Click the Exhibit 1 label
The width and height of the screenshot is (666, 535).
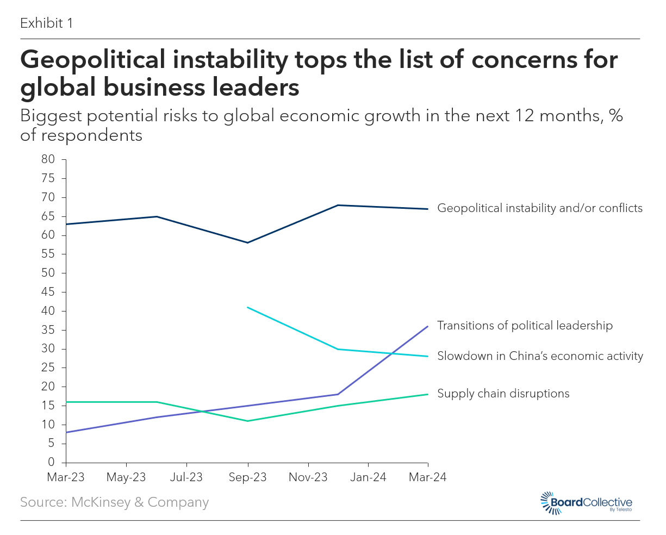46,23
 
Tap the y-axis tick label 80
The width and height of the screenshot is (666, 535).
48,159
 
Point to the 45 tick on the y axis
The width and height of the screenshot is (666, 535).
48,292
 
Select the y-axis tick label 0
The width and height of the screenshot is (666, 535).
51,462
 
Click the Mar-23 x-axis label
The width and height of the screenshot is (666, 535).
66,477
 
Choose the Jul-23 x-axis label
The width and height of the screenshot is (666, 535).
186,477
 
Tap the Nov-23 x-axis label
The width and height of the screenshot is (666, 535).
308,477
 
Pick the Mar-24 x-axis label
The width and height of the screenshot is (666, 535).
428,477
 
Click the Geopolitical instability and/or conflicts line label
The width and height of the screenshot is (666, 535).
540,208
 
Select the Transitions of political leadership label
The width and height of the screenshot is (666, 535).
525,326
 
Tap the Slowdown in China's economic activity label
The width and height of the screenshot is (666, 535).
540,356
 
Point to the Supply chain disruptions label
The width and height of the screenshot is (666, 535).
503,394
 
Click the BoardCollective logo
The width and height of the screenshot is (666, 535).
586,503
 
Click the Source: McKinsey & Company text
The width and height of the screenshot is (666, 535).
114,502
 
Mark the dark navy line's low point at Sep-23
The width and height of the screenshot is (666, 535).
248,242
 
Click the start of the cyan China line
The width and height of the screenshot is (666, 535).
248,307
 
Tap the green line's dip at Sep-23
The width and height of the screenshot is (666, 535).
248,421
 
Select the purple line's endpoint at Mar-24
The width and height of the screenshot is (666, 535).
428,326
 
